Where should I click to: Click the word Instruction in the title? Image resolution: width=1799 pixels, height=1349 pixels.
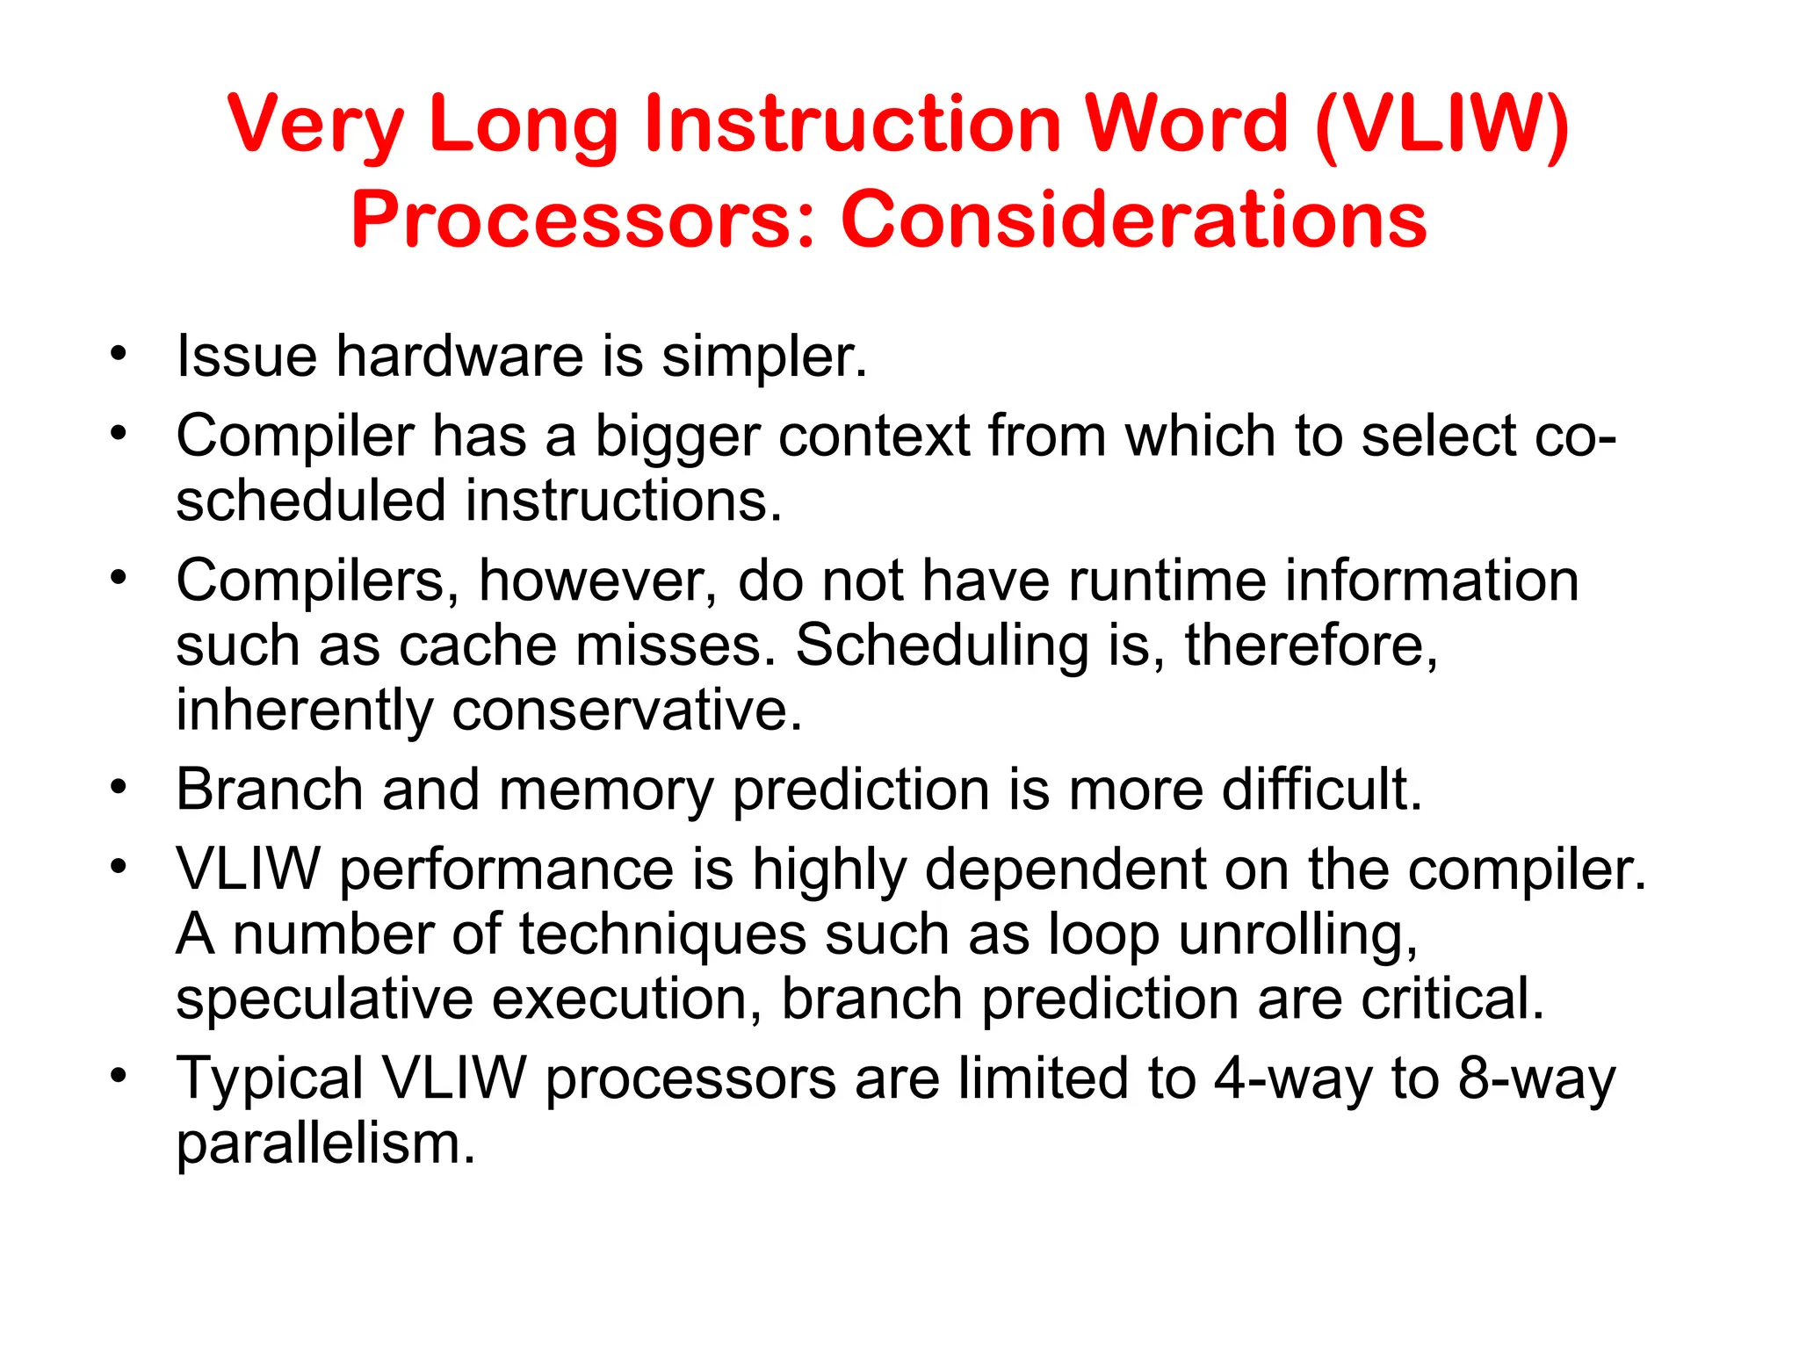pos(852,125)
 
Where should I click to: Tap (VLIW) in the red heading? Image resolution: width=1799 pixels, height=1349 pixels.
pos(1442,125)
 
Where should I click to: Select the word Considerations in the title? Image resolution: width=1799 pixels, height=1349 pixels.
pos(1133,220)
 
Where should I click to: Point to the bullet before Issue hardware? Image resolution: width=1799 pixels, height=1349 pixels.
pos(119,355)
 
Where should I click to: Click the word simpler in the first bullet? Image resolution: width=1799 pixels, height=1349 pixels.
pos(762,358)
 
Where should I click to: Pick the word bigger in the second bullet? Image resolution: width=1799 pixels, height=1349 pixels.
pos(676,437)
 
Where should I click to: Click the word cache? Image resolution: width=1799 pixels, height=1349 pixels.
pos(478,646)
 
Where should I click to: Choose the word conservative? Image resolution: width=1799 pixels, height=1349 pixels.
pos(626,710)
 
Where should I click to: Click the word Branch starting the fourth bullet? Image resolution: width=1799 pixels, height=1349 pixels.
pos(269,790)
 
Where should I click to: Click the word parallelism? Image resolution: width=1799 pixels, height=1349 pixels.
pos(325,1143)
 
